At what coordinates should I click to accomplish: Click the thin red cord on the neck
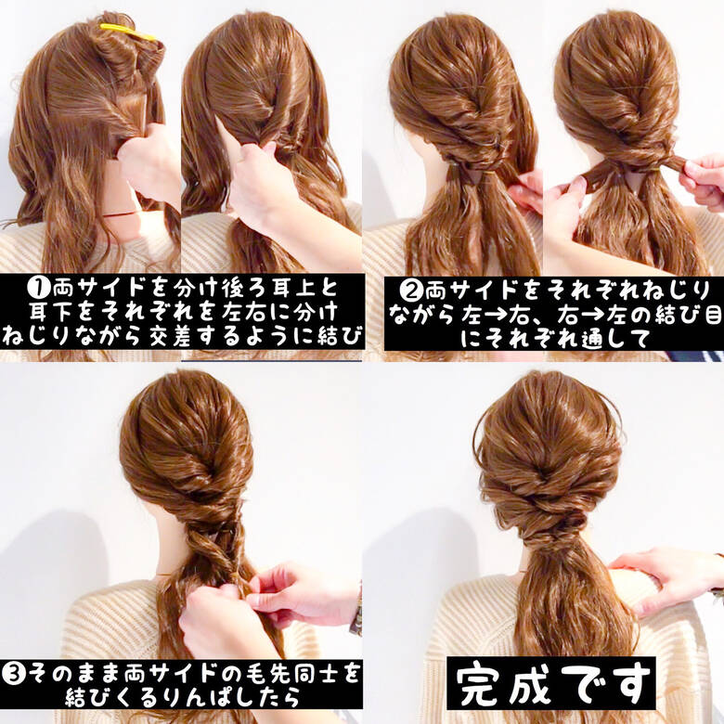[x=122, y=214]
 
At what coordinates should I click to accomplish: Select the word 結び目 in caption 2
[x=687, y=314]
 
